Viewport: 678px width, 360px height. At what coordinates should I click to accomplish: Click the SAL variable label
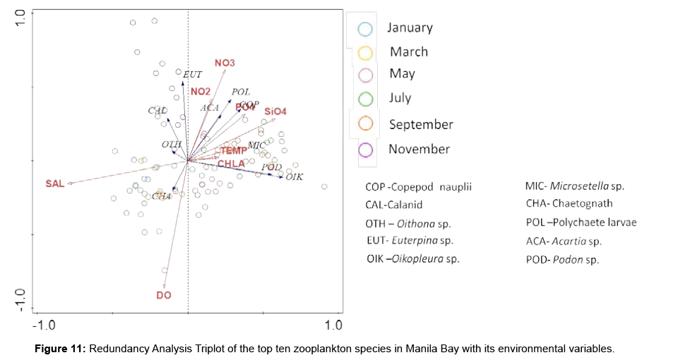coord(54,184)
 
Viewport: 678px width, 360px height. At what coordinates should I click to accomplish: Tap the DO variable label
coord(164,294)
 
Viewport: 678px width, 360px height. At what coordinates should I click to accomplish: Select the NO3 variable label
coord(225,64)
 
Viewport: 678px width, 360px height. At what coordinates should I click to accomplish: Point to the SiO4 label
coord(275,112)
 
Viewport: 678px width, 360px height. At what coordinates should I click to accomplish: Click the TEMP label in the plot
coord(233,150)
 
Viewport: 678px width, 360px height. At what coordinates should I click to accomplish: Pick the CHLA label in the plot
coord(231,164)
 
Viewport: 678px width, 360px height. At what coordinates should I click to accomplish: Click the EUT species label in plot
coord(193,74)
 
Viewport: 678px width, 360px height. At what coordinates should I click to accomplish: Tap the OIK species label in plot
coord(295,176)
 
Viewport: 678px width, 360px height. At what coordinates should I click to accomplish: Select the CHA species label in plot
coord(162,196)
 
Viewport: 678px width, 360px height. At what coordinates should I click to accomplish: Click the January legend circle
coord(365,29)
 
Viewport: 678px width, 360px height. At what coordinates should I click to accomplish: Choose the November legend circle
coord(365,150)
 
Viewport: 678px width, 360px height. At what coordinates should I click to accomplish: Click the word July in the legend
coord(400,98)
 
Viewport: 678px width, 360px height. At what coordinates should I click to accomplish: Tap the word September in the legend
coord(421,124)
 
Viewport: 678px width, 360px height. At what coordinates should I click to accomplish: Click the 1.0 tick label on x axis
coord(333,325)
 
